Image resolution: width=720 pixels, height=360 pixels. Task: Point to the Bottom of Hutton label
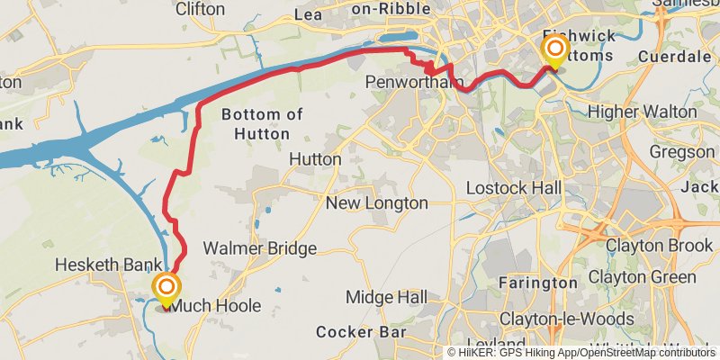coord(255,124)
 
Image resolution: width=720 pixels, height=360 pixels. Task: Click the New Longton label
coord(376,203)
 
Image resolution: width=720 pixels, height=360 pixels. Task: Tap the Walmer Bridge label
coord(259,247)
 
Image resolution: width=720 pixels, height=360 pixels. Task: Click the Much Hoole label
coord(216,306)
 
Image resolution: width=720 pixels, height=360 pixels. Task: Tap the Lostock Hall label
coord(514,188)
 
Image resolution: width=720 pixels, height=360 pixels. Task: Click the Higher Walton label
coord(642,112)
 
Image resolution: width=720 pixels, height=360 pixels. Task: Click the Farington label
coord(537,283)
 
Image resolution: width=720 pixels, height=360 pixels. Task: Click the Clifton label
coord(200,8)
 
